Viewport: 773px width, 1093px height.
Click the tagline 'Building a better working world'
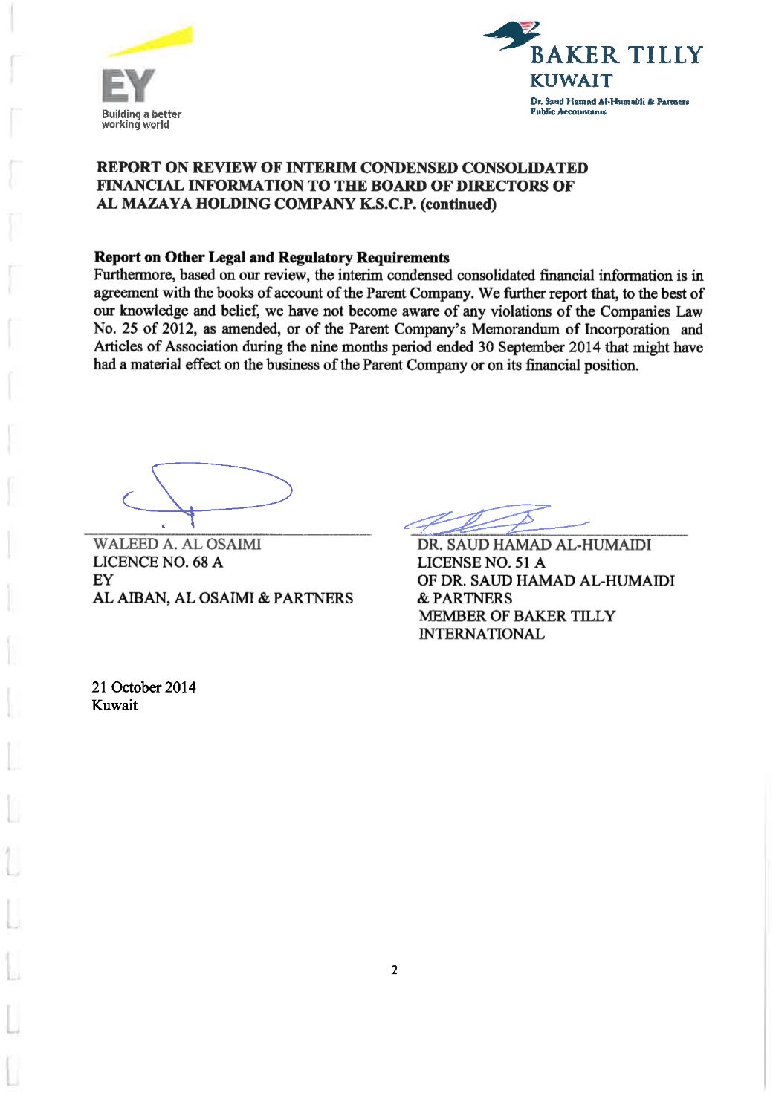coord(141,120)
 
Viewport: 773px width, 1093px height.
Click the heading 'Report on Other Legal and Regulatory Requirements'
coord(272,258)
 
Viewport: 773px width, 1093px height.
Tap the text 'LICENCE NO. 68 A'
coord(158,562)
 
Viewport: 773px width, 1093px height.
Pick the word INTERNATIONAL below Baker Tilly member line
coord(482,634)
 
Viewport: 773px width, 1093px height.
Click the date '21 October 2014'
coord(143,687)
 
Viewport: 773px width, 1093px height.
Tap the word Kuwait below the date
coord(114,705)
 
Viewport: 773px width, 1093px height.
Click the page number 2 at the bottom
coord(395,969)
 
